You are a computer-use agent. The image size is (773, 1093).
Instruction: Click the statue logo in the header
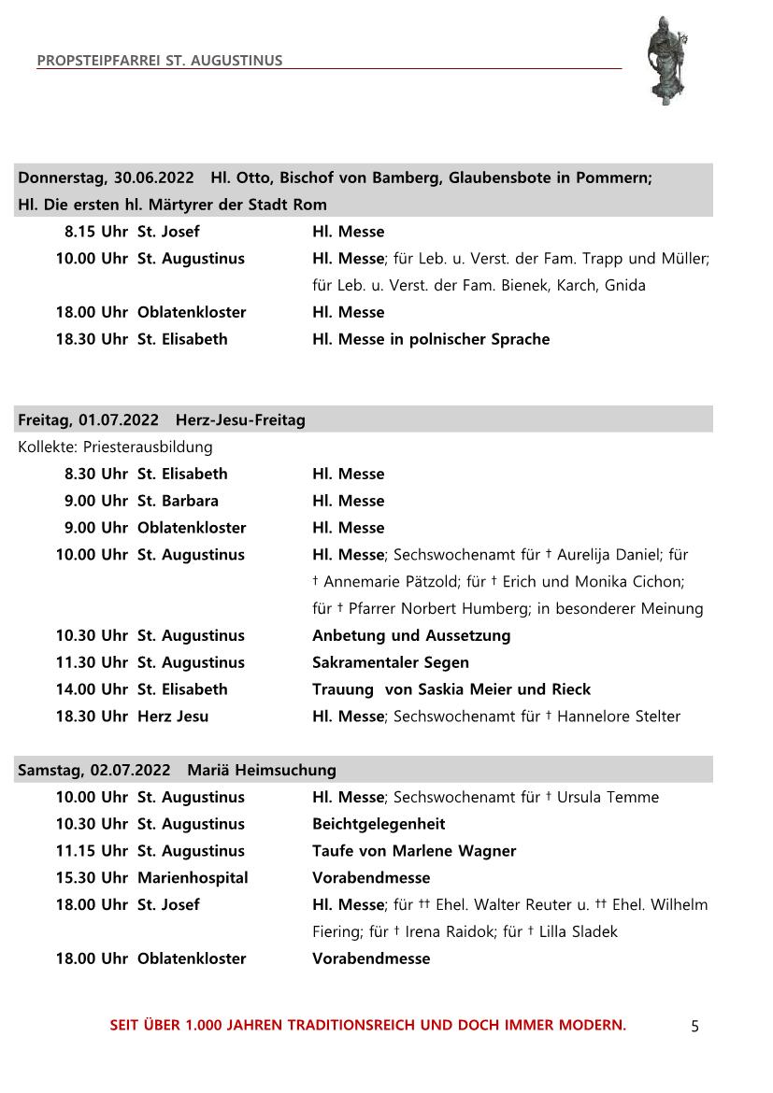[x=668, y=60]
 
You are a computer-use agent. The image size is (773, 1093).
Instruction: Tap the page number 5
[x=694, y=1027]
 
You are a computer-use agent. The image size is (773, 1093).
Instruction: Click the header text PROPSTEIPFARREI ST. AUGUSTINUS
[x=160, y=61]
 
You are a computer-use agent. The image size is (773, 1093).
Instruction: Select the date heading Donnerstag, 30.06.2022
[x=106, y=177]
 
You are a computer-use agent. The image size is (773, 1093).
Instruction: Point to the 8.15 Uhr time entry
[x=96, y=232]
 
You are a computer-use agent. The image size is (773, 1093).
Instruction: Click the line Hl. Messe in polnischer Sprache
[x=431, y=339]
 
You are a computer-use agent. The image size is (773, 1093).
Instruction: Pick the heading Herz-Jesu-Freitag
[x=240, y=420]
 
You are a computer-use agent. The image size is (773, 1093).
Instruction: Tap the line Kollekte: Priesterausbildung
[x=115, y=447]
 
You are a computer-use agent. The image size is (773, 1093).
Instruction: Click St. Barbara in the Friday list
[x=178, y=501]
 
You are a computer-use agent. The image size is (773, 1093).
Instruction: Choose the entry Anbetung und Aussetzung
[x=411, y=635]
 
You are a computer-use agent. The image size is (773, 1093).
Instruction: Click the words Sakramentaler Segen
[x=391, y=662]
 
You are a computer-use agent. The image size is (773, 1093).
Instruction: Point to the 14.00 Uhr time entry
[x=92, y=689]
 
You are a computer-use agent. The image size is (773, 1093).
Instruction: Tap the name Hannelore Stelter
[x=619, y=717]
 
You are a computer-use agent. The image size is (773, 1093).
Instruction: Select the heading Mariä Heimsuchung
[x=262, y=771]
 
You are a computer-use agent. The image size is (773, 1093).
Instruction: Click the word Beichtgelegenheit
[x=379, y=824]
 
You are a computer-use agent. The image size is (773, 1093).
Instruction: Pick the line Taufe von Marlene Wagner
[x=414, y=851]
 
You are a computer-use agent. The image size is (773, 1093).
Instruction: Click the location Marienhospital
[x=193, y=878]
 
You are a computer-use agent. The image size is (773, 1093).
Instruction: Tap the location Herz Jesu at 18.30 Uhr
[x=173, y=717]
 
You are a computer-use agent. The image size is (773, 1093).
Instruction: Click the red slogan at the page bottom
[x=368, y=1025]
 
